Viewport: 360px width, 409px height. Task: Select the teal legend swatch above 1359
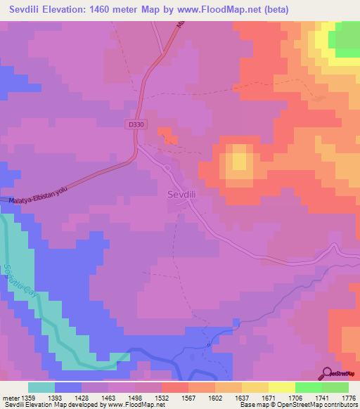41,387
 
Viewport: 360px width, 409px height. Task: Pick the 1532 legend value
147,397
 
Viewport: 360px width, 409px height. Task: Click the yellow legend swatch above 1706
281,387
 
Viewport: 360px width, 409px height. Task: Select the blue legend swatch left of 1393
68,387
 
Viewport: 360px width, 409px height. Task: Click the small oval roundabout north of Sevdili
168,169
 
